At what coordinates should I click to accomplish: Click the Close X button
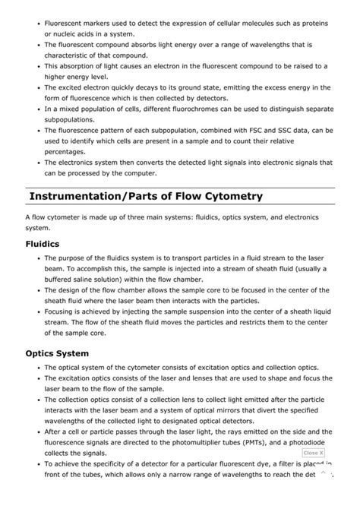(x=313, y=453)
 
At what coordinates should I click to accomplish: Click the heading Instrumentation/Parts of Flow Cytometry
(x=146, y=196)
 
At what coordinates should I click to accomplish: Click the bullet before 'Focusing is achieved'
(x=37, y=311)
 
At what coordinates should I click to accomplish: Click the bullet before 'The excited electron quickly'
(x=37, y=87)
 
